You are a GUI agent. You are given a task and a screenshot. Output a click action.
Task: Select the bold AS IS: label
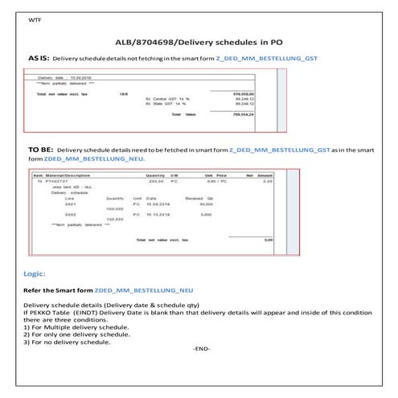click(39, 59)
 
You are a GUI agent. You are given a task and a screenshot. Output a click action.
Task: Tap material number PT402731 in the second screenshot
click(57, 181)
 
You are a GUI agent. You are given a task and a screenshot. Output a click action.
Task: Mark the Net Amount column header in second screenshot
click(260, 174)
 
